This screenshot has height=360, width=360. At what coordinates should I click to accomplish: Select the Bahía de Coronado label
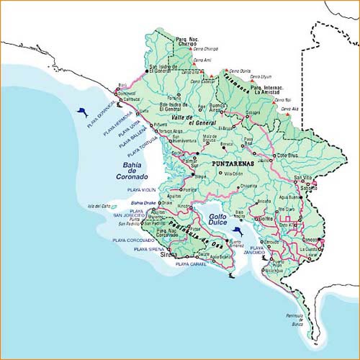click(132, 170)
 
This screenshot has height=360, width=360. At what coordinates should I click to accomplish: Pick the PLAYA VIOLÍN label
click(141, 189)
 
